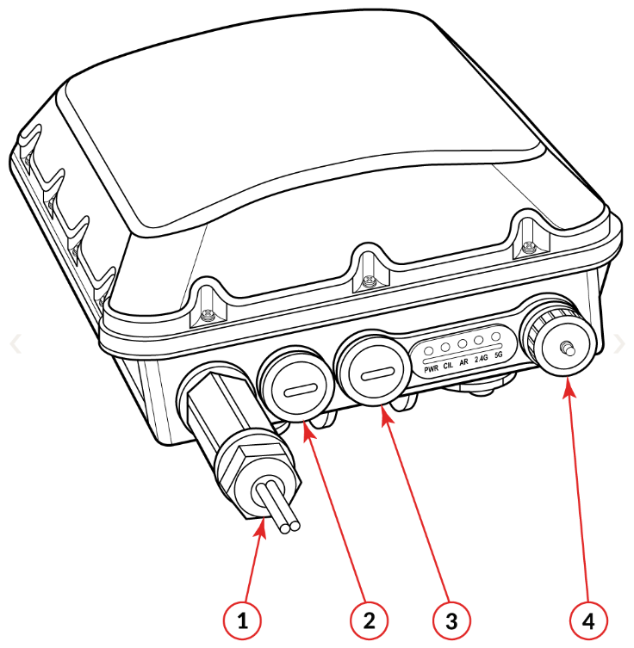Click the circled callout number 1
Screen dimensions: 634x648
point(242,620)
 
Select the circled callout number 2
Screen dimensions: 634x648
point(369,620)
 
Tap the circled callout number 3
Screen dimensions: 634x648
point(451,620)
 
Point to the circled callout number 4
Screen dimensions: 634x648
point(588,620)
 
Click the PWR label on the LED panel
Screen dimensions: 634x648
point(432,368)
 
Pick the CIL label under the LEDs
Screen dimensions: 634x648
point(448,366)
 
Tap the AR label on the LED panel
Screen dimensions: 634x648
point(463,361)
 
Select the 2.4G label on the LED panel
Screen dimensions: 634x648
point(482,358)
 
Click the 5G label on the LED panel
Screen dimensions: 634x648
point(499,355)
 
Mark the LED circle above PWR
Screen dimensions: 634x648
point(429,351)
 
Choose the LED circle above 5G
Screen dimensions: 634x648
point(496,336)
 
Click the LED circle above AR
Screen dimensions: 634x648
point(463,343)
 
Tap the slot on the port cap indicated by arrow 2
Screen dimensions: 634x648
point(301,390)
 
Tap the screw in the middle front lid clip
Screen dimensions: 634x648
point(367,282)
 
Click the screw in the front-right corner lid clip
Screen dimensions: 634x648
point(528,249)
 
